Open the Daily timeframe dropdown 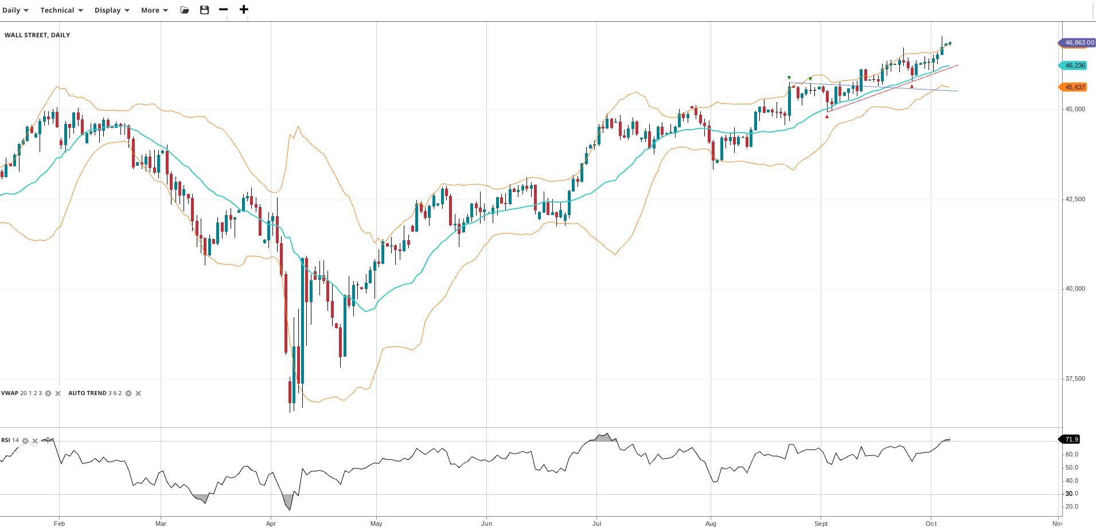(15, 10)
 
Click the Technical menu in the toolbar (61, 10)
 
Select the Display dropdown (112, 10)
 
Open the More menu (154, 10)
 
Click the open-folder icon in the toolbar (185, 10)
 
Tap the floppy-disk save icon (204, 10)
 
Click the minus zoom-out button (224, 10)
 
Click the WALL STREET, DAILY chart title (37, 35)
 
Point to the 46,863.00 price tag (1078, 42)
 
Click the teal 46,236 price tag (1074, 65)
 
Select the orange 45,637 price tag (1074, 87)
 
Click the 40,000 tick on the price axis (1075, 288)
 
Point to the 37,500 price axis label (1075, 378)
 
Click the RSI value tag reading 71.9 (1071, 439)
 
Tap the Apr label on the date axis (271, 524)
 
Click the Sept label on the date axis (821, 524)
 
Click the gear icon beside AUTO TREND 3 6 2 (128, 393)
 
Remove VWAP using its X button (58, 393)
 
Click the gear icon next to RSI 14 (25, 441)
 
